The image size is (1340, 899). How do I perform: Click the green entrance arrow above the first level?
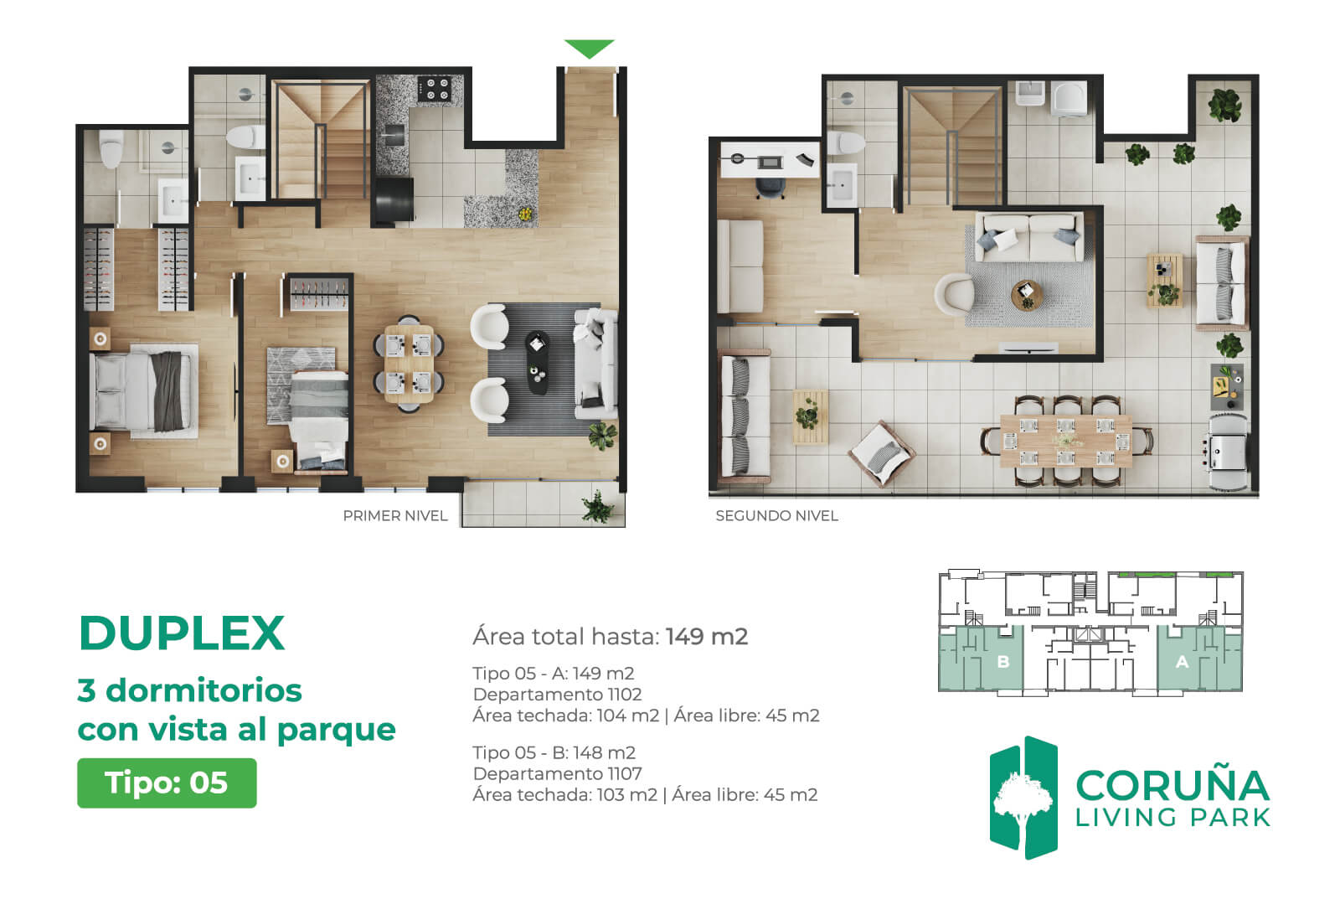pyautogui.click(x=590, y=48)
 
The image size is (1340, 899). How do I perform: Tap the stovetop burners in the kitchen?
pyautogui.click(x=435, y=88)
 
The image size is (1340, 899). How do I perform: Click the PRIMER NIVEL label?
pyautogui.click(x=395, y=516)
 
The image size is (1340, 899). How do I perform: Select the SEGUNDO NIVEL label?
pyautogui.click(x=776, y=516)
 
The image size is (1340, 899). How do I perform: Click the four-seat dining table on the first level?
pyautogui.click(x=410, y=364)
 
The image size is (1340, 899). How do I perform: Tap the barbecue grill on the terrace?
pyautogui.click(x=1228, y=452)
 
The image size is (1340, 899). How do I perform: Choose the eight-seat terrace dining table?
pyautogui.click(x=1066, y=441)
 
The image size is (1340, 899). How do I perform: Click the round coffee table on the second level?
pyautogui.click(x=1027, y=295)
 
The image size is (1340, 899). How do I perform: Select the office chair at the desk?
pyautogui.click(x=770, y=188)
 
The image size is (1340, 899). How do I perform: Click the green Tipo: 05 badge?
pyautogui.click(x=167, y=783)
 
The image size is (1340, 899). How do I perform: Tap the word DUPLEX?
pyautogui.click(x=181, y=633)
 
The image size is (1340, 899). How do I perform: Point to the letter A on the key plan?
pyautogui.click(x=1182, y=662)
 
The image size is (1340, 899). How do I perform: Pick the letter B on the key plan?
pyautogui.click(x=1004, y=662)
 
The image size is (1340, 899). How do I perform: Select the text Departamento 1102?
pyautogui.click(x=557, y=695)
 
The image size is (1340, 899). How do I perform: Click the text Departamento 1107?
pyautogui.click(x=557, y=773)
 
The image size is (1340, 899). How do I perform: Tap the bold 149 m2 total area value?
pyautogui.click(x=707, y=636)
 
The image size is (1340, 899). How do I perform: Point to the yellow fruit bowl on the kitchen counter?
pyautogui.click(x=525, y=213)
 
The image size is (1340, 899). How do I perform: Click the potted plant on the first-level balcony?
pyautogui.click(x=598, y=508)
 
